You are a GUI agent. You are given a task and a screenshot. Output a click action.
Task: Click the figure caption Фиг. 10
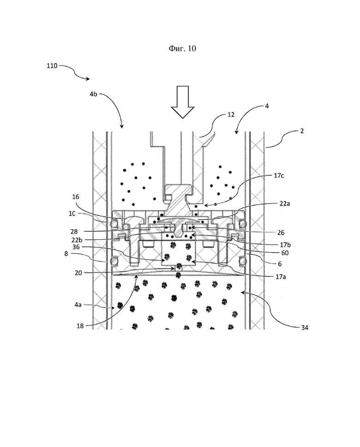click(182, 48)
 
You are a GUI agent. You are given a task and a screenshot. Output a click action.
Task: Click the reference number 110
click(52, 66)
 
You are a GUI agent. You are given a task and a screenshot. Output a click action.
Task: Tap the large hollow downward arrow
click(182, 102)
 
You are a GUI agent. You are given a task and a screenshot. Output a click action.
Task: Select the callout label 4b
click(93, 94)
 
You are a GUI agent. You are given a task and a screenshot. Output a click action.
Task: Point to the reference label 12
click(231, 115)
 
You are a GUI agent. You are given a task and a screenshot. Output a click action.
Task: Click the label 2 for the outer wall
click(302, 131)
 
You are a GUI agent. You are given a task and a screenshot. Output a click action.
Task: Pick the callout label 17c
click(279, 175)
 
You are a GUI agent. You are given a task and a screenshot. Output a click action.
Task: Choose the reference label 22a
click(284, 204)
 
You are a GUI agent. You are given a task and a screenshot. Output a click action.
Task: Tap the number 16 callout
click(76, 197)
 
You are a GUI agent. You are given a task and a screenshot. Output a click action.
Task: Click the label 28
click(74, 232)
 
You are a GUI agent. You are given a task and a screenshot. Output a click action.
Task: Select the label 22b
click(77, 240)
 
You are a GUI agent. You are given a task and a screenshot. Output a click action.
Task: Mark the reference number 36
click(76, 247)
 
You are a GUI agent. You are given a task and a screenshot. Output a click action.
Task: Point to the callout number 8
click(66, 254)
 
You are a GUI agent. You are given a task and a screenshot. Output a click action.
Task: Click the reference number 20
click(78, 273)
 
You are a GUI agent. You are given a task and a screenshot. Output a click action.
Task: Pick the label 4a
click(78, 305)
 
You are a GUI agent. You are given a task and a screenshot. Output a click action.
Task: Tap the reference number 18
click(80, 326)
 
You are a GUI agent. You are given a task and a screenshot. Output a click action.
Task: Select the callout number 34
click(305, 328)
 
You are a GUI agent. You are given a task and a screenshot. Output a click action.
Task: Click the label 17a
click(281, 277)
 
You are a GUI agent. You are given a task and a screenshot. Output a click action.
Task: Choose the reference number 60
click(285, 253)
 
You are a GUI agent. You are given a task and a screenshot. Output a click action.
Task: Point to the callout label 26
click(281, 233)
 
